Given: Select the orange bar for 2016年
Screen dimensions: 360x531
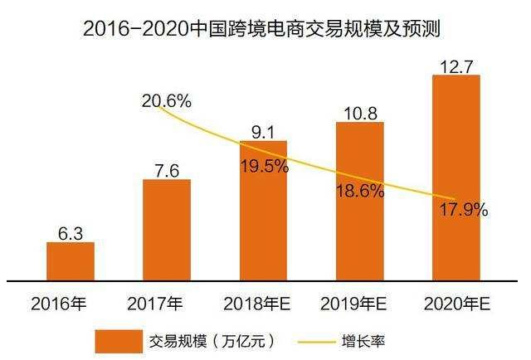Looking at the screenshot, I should (70, 260).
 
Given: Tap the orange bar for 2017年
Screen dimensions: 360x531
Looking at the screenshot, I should (166, 230).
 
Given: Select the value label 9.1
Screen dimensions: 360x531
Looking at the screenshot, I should (263, 130).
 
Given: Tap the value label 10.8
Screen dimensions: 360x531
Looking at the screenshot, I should (359, 111).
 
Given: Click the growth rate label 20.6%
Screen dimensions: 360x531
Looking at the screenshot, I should (166, 101).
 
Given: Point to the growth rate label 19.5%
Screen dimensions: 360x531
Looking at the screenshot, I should (263, 166).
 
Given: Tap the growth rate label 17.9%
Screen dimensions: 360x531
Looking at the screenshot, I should (463, 210).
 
